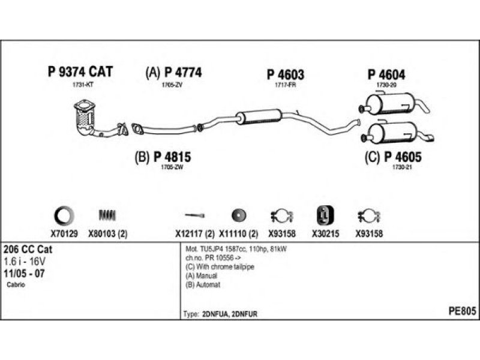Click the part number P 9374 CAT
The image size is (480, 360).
coord(80,73)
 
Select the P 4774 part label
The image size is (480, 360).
coord(173,73)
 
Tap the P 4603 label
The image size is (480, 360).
coord(285,75)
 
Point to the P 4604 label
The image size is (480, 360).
coord(386,75)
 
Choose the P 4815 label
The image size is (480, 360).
coord(163,157)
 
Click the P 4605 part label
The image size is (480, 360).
coord(394,157)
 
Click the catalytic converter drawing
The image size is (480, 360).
coord(86,118)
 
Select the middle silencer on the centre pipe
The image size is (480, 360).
coord(259,116)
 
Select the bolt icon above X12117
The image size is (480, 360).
coord(194,215)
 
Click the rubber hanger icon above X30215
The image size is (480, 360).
coord(325,214)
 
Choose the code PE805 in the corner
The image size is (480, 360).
coord(462,311)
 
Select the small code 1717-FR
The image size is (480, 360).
coord(285,85)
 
